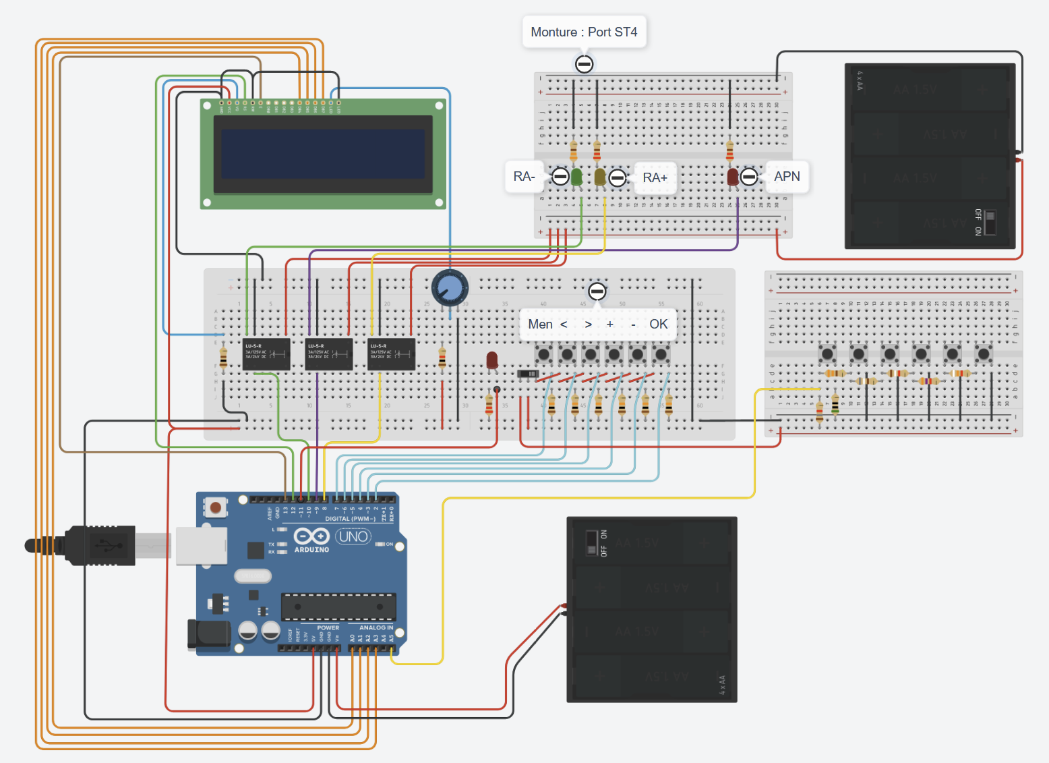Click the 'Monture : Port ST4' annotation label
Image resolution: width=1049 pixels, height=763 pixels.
pyautogui.click(x=584, y=32)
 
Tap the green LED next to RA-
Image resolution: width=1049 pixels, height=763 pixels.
pyautogui.click(x=576, y=177)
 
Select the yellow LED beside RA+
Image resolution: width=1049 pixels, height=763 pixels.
pyautogui.click(x=599, y=177)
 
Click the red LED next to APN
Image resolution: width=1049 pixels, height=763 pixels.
pyautogui.click(x=733, y=177)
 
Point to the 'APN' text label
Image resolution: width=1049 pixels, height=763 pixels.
pyautogui.click(x=787, y=177)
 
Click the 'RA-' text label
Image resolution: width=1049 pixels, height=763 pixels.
pyautogui.click(x=524, y=177)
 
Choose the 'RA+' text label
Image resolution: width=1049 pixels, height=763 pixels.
pyautogui.click(x=655, y=177)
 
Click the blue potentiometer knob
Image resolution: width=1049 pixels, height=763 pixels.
pyautogui.click(x=450, y=288)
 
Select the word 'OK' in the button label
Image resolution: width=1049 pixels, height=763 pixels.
pyautogui.click(x=659, y=324)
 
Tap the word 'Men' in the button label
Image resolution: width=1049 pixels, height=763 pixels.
pyautogui.click(x=540, y=324)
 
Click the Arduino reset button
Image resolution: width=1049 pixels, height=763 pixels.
pyautogui.click(x=216, y=507)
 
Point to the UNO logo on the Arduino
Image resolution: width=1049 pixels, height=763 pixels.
pyautogui.click(x=353, y=537)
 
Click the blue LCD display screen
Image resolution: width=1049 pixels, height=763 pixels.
pyautogui.click(x=323, y=154)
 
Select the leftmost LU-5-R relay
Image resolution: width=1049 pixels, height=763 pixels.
pyautogui.click(x=266, y=354)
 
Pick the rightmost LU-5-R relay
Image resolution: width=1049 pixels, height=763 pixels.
pyautogui.click(x=392, y=354)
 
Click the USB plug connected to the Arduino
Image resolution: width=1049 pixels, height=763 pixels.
pyautogui.click(x=101, y=544)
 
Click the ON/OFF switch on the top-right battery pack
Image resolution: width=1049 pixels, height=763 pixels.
pyautogui.click(x=989, y=222)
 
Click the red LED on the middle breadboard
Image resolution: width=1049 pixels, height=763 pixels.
pyautogui.click(x=492, y=360)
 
